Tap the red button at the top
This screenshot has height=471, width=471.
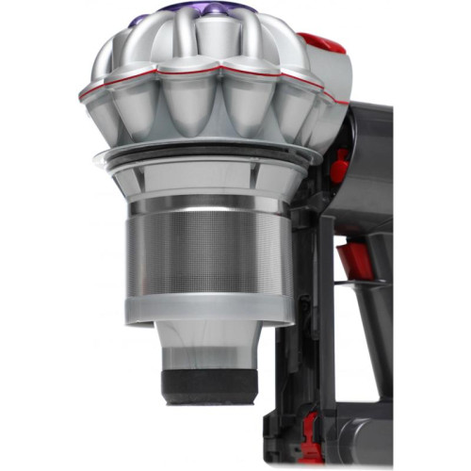point(321,42)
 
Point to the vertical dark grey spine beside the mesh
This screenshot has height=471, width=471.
point(303,283)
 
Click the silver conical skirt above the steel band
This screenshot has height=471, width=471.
point(203,174)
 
